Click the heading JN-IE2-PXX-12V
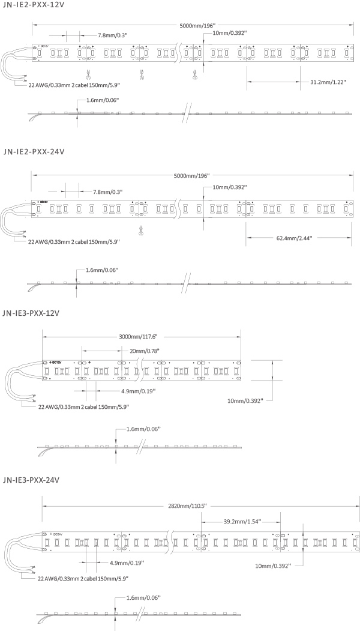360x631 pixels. click(34, 5)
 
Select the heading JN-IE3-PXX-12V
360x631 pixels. click(34, 313)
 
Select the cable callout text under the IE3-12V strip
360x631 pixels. click(83, 407)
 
